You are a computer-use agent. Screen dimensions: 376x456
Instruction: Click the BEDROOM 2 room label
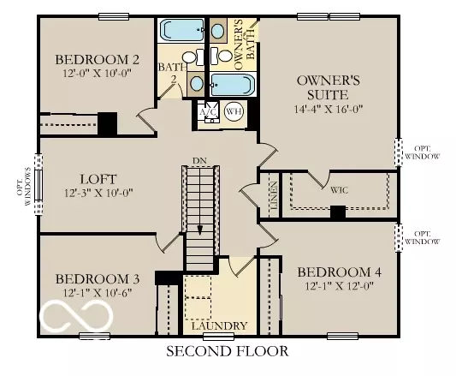(x=98, y=59)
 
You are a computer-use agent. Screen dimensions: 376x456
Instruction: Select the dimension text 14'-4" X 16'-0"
(x=329, y=110)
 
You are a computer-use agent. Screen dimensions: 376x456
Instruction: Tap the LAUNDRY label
(x=219, y=326)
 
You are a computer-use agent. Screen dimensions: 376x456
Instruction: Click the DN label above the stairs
(x=198, y=161)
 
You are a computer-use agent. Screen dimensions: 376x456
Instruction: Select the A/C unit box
(x=207, y=112)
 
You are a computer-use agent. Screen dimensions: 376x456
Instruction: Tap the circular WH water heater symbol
(x=234, y=111)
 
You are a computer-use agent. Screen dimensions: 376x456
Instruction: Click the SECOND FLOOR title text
(x=227, y=351)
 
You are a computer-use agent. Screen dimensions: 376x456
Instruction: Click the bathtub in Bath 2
(x=181, y=32)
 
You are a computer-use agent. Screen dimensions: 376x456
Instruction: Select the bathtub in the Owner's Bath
(x=232, y=85)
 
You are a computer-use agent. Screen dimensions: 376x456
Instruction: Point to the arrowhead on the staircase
(x=198, y=230)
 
